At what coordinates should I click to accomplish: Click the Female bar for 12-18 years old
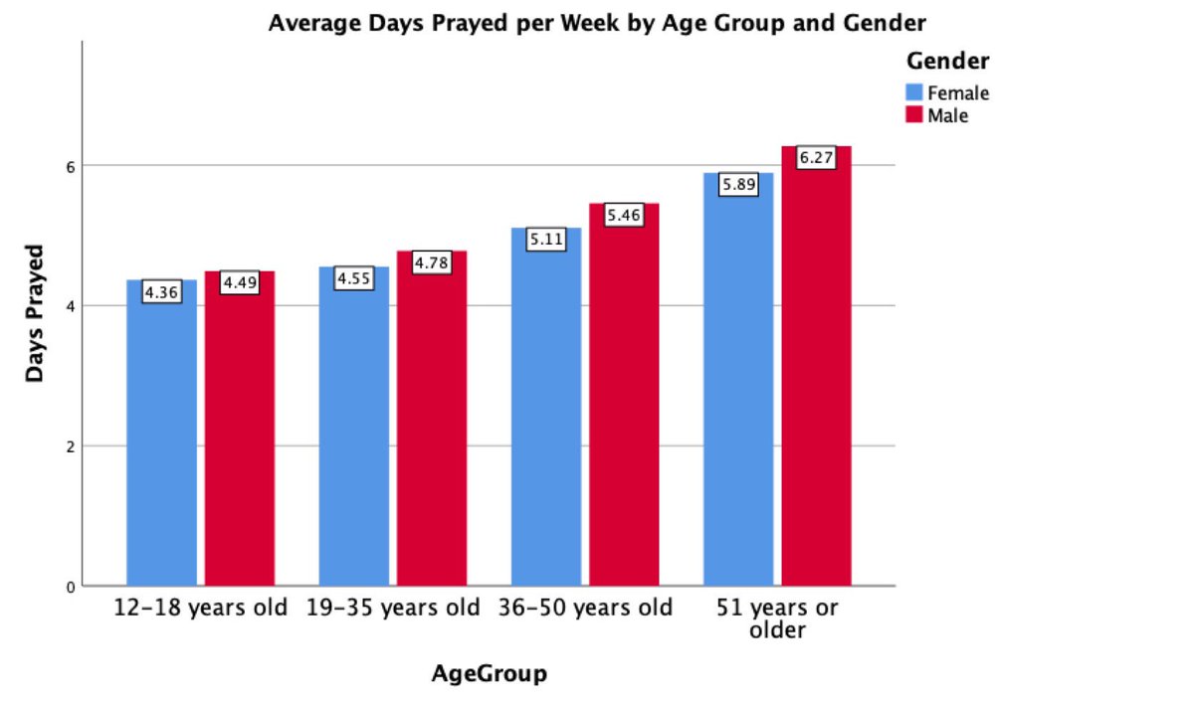point(161,438)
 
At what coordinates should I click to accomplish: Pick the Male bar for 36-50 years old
point(624,398)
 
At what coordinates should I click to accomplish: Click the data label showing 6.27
point(816,158)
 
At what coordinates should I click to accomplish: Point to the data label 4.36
point(161,292)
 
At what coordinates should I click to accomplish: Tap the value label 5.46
point(624,215)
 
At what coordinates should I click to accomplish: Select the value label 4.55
point(353,279)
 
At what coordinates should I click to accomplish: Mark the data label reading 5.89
point(738,185)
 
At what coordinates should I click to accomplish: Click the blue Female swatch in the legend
point(914,93)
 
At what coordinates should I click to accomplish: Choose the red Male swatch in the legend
point(914,115)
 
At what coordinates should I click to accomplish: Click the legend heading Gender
point(947,62)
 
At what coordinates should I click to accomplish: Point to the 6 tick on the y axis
point(71,165)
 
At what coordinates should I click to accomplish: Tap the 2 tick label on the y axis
point(71,446)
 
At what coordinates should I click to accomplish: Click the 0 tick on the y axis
point(71,587)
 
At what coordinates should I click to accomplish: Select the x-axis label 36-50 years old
point(586,608)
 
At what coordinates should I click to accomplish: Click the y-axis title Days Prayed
point(36,312)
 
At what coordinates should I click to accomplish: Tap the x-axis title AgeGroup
point(489,674)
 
